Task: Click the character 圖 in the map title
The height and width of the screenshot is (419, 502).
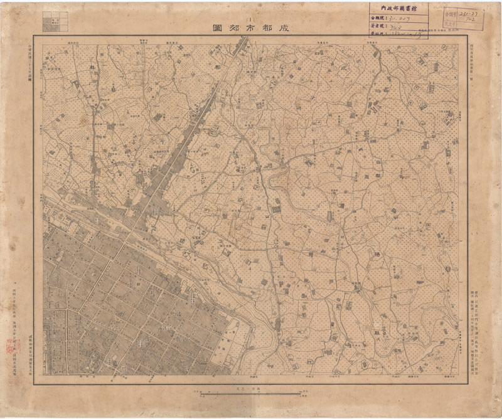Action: [x=218, y=29]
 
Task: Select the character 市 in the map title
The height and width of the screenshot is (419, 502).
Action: [x=252, y=29]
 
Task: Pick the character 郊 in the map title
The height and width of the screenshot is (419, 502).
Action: [x=235, y=29]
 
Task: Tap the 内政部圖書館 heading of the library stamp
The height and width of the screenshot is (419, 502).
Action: [x=398, y=8]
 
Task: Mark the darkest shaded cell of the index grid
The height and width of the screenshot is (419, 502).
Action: [x=48, y=26]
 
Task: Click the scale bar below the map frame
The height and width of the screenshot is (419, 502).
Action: [x=251, y=394]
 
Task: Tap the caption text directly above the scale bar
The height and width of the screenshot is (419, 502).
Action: [x=251, y=389]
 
